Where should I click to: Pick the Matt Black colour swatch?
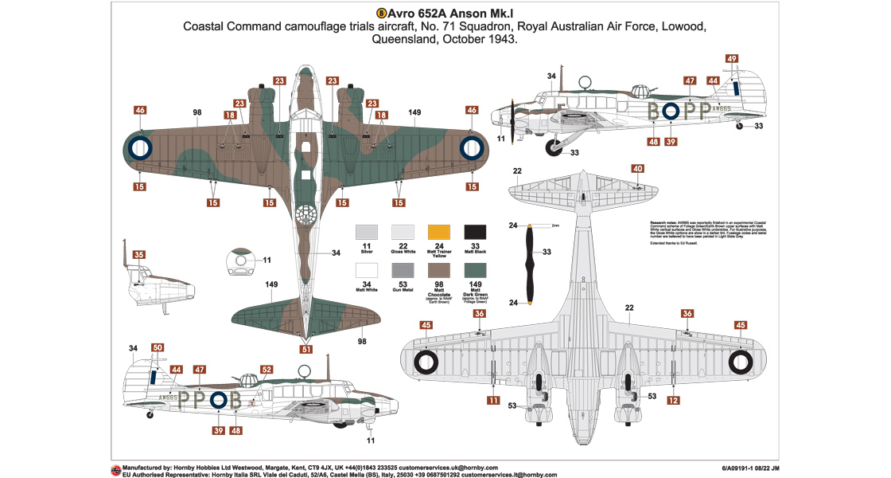(x=476, y=231)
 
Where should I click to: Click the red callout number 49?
(x=732, y=58)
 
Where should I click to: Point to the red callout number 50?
(x=158, y=347)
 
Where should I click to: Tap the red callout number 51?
(x=306, y=348)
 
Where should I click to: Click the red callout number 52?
(x=267, y=370)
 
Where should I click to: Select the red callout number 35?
(x=139, y=255)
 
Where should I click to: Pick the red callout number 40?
(x=638, y=169)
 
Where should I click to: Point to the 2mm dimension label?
(x=555, y=226)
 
